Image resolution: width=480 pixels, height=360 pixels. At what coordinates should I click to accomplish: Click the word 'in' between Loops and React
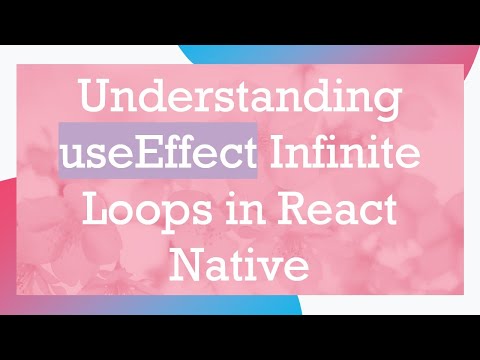pos(239,213)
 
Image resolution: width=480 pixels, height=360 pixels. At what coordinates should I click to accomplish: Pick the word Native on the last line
pos(239,267)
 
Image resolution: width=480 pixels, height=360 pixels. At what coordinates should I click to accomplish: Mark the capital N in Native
pos(188,267)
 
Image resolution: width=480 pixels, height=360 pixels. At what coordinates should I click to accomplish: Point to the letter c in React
pos(366,215)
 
